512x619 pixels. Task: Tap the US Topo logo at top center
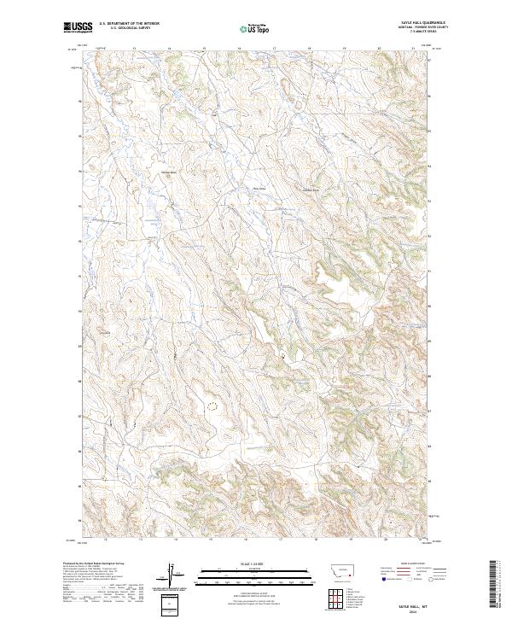255,28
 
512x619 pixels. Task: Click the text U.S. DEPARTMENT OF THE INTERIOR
129,24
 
